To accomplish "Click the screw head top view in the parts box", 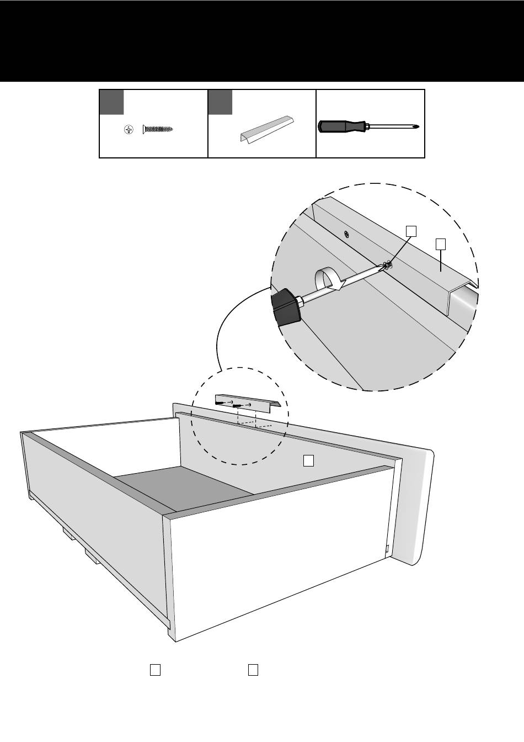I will click(129, 130).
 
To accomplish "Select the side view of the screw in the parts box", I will click(158, 129).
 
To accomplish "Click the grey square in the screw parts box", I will click(111, 102).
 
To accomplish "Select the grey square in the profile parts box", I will click(221, 102).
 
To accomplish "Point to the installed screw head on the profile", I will click(346, 235).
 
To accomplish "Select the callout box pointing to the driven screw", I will click(411, 230).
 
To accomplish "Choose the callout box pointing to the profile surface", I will click(440, 243).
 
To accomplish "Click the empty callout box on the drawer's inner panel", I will click(309, 460).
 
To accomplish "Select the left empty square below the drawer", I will click(156, 670).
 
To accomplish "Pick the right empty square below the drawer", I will click(253, 670).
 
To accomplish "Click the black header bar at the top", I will click(262, 41).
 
